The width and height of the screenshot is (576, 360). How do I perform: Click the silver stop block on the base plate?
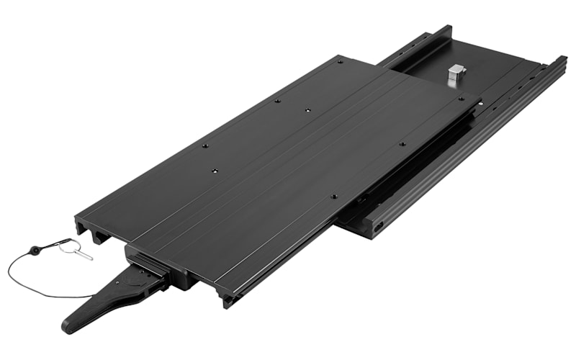455,74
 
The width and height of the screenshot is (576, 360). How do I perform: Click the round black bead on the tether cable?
34,251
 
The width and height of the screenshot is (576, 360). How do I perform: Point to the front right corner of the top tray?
228,302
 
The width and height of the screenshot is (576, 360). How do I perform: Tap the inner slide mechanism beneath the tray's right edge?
403,173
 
